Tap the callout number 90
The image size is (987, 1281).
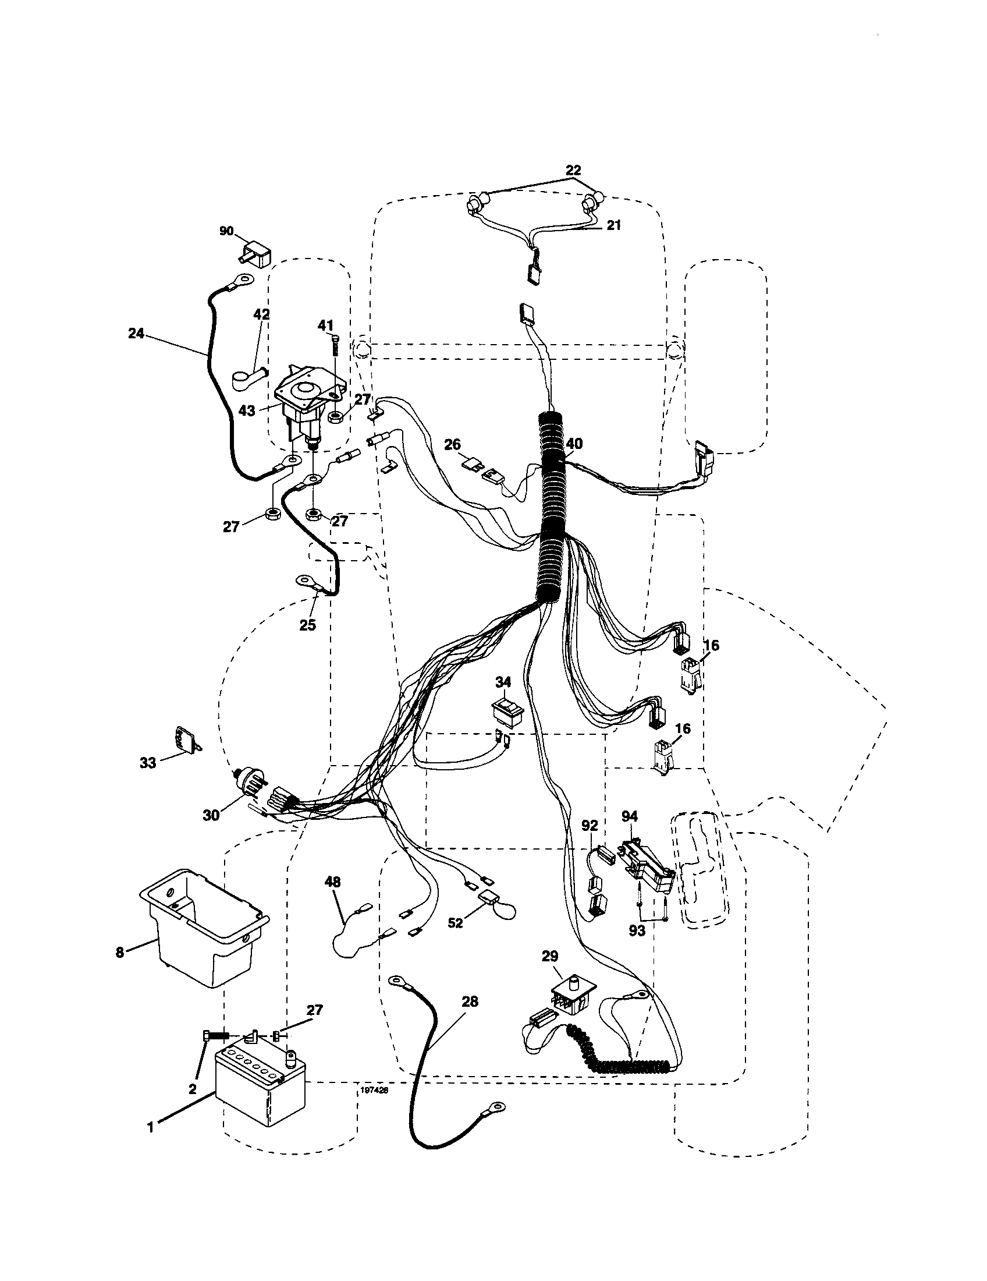pyautogui.click(x=226, y=231)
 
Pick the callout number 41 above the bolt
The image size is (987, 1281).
pyautogui.click(x=325, y=325)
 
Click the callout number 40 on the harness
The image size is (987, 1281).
pyautogui.click(x=574, y=444)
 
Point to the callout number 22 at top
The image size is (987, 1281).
pyautogui.click(x=573, y=170)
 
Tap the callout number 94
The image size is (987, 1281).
pyautogui.click(x=630, y=816)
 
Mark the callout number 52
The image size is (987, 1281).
pyautogui.click(x=455, y=923)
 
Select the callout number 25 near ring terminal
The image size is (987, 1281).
pyautogui.click(x=307, y=625)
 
